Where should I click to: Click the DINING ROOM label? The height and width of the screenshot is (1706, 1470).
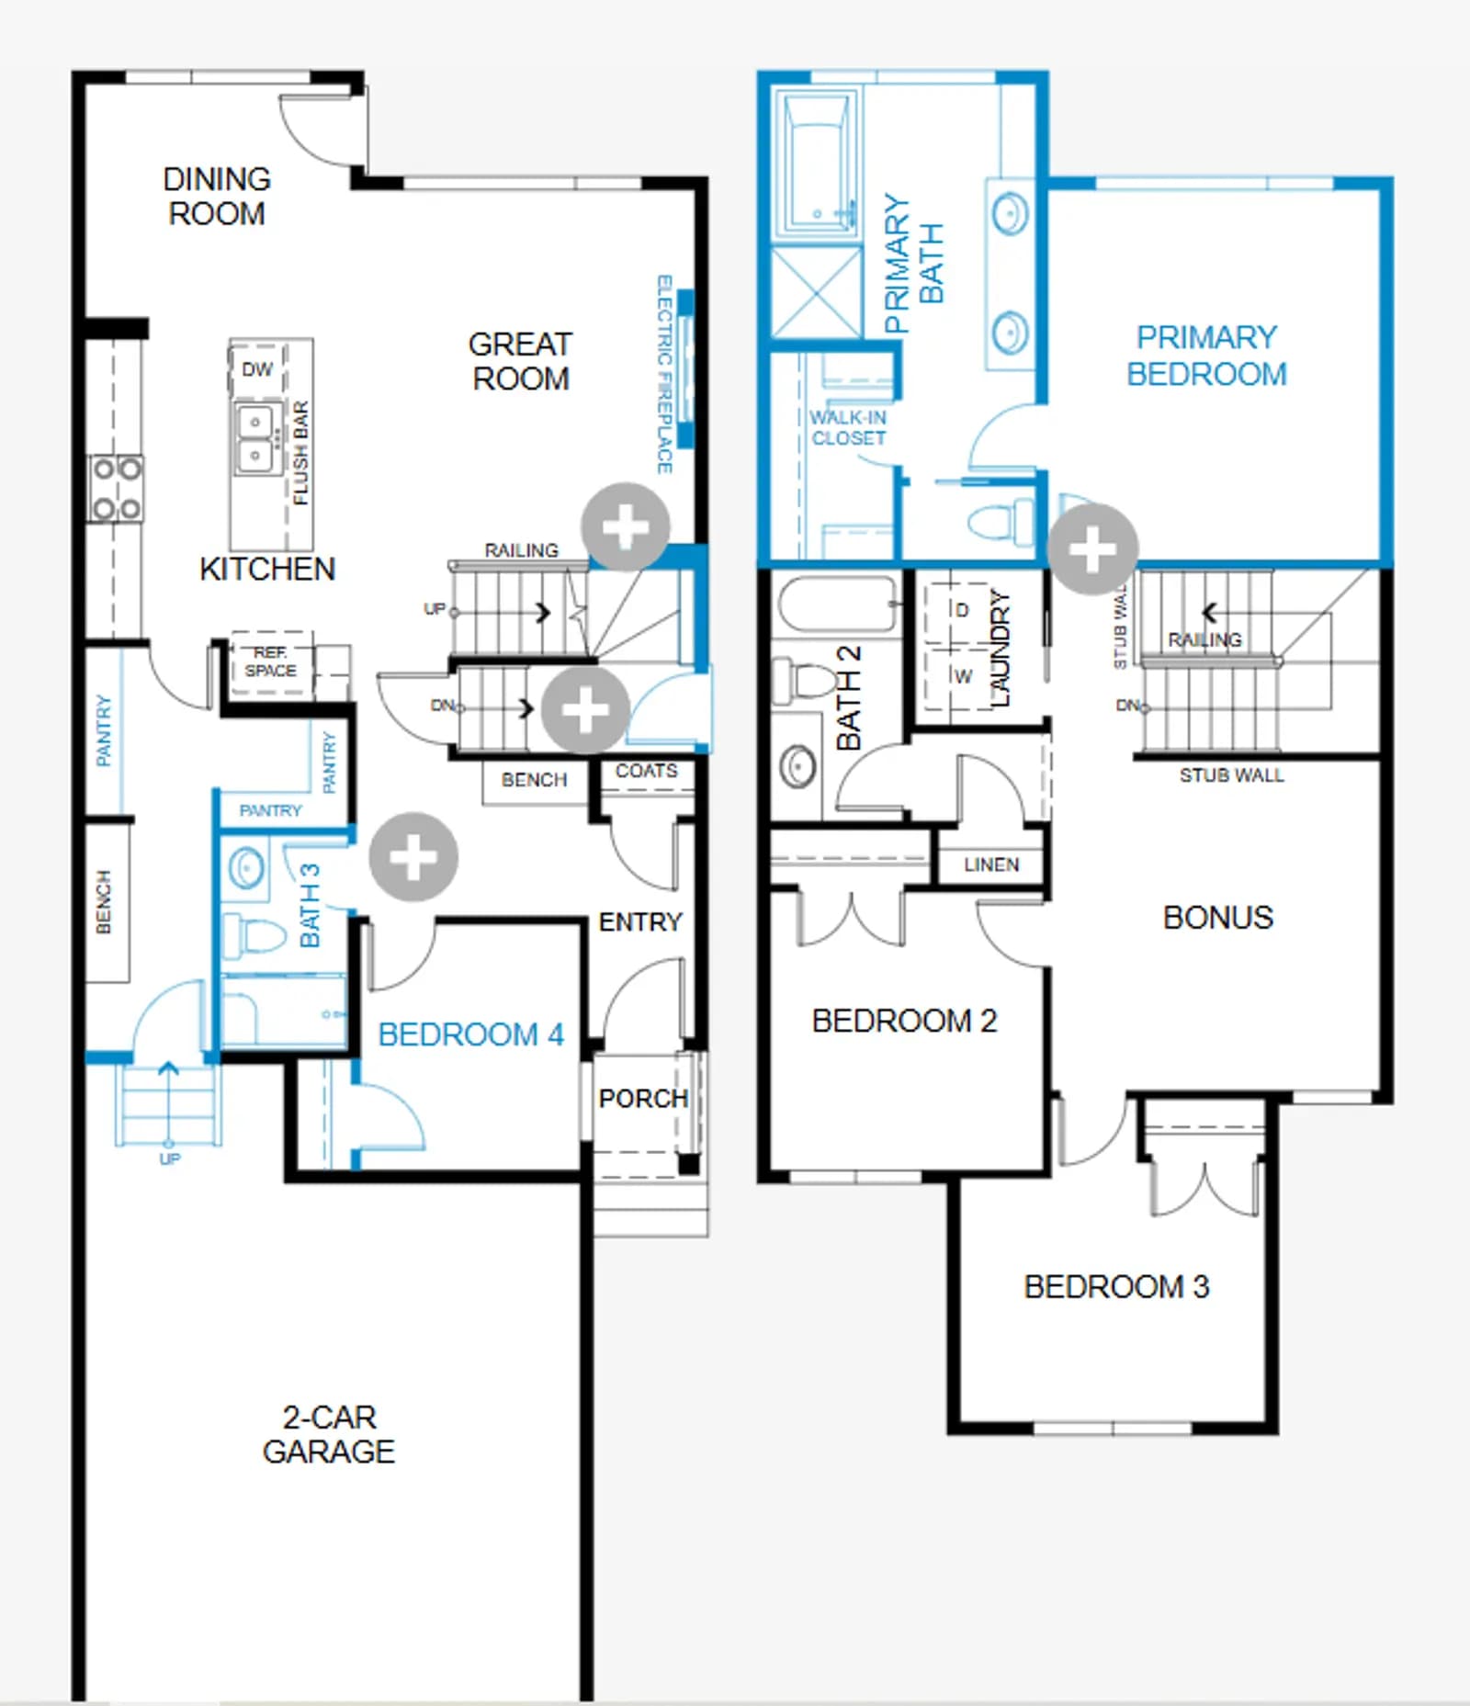click(217, 196)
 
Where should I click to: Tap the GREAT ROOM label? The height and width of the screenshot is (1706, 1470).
click(520, 361)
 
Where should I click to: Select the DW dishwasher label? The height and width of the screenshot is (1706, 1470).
click(257, 369)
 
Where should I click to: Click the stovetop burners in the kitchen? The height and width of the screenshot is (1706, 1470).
click(117, 489)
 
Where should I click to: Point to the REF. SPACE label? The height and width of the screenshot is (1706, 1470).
click(270, 661)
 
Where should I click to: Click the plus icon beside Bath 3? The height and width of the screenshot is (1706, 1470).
click(413, 857)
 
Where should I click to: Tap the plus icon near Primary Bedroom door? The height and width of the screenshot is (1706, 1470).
click(1092, 548)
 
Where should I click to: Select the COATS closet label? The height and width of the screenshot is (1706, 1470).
click(646, 771)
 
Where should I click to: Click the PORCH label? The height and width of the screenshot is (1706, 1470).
click(643, 1098)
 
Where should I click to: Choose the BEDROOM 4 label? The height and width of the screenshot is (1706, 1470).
click(470, 1034)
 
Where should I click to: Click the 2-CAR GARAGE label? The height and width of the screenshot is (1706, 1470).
click(329, 1434)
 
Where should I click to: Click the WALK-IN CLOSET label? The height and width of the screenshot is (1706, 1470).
click(848, 428)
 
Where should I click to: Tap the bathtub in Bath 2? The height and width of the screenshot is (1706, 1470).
click(836, 604)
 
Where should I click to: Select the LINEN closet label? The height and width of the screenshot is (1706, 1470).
click(991, 864)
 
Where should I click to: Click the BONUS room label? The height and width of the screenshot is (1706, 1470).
click(1218, 917)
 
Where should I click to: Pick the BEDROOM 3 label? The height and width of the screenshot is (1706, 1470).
click(1116, 1286)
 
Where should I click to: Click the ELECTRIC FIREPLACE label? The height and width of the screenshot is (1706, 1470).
click(665, 374)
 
